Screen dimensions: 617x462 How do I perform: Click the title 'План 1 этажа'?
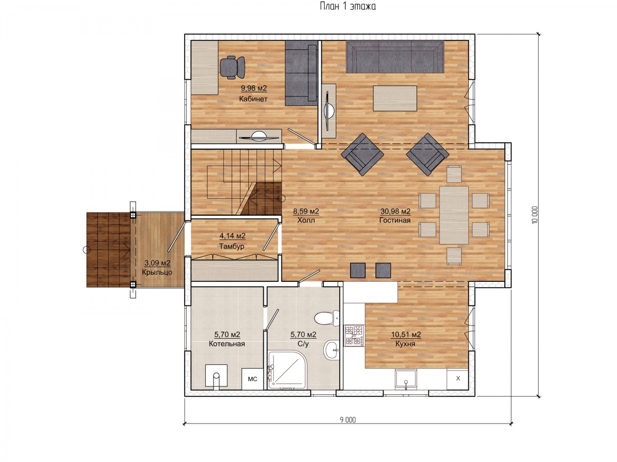(348, 6)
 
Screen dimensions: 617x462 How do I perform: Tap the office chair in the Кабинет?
(232, 67)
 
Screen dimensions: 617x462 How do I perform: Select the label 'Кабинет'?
(253, 99)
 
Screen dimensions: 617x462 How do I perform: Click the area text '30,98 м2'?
(395, 211)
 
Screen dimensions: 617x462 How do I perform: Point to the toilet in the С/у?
(327, 318)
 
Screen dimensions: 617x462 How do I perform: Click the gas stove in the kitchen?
(354, 335)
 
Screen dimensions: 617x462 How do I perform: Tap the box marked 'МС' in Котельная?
(252, 379)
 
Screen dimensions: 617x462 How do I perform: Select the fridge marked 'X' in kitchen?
(458, 379)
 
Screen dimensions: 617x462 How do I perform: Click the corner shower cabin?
(287, 370)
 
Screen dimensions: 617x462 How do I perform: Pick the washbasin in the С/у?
(332, 350)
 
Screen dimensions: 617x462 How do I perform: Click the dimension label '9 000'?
(348, 419)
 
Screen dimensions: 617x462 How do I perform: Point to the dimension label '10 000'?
(534, 215)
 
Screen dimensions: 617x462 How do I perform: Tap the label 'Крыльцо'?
(157, 272)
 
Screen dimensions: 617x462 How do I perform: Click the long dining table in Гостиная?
(454, 215)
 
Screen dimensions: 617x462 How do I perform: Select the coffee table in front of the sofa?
(395, 99)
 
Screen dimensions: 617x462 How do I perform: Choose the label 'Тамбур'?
(231, 246)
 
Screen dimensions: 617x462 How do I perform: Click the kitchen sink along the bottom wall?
(406, 379)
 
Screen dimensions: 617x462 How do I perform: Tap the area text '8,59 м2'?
(306, 211)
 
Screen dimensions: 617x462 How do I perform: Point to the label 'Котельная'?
(227, 343)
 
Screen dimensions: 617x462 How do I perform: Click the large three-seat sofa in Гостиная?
(395, 57)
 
